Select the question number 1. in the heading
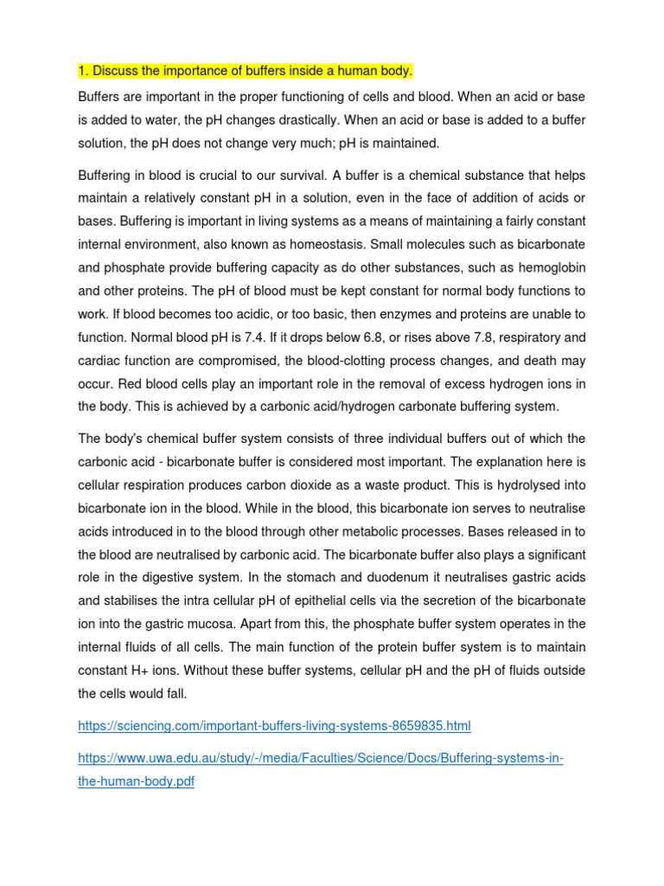(x=83, y=69)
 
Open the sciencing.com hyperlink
(x=274, y=725)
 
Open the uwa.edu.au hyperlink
(x=320, y=758)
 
